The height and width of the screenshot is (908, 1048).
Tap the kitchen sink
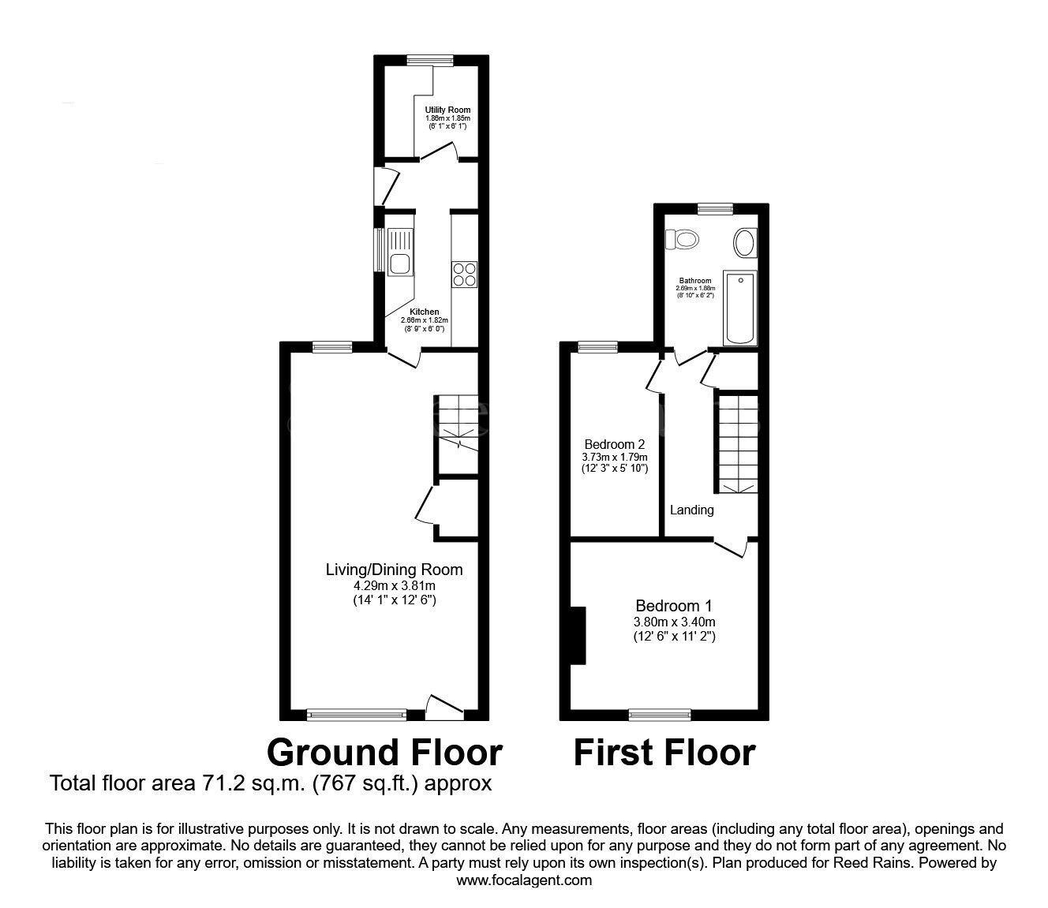[x=400, y=252]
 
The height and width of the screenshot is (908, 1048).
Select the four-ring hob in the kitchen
[x=464, y=273]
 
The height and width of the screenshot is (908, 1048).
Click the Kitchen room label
[x=424, y=312]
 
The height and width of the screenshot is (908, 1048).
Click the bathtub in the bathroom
[x=740, y=308]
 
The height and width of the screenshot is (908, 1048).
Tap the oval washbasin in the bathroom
[x=745, y=243]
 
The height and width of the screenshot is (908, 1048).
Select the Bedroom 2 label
[x=614, y=444]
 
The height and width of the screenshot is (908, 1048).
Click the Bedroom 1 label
[x=674, y=606]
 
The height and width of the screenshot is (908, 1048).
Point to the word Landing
[x=691, y=510]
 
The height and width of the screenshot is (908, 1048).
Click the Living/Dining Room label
[x=395, y=570]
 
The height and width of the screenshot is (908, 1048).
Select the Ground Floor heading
[x=384, y=752]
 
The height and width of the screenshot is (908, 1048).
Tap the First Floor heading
[x=664, y=752]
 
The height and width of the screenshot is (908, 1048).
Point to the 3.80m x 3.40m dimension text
[x=674, y=622]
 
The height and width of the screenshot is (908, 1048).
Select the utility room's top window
[x=430, y=59]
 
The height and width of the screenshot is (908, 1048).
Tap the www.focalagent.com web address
[x=524, y=880]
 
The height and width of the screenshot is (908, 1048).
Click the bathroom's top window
[x=715, y=208]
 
